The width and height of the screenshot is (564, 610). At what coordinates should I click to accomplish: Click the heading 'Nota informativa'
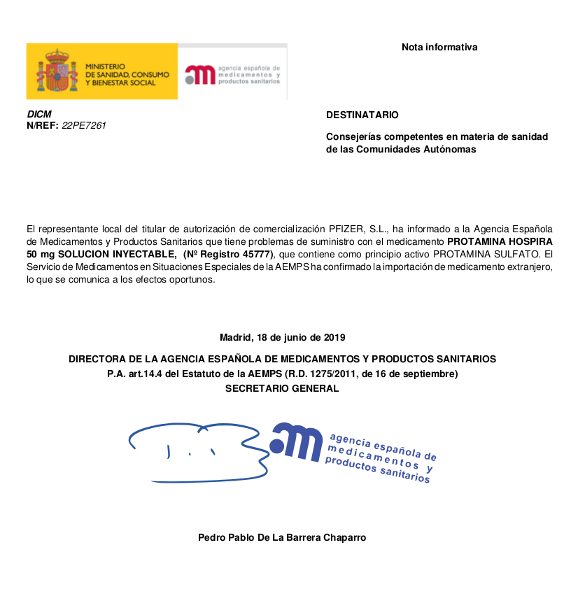point(439,48)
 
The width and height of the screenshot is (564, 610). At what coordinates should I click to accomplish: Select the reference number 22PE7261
point(84,125)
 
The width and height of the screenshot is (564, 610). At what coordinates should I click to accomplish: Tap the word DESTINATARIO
point(362,115)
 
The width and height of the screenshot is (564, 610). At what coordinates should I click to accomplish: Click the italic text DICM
point(38,114)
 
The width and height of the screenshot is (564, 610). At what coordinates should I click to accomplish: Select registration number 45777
point(256,253)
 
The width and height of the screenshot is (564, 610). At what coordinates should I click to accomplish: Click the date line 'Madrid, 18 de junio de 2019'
point(282,337)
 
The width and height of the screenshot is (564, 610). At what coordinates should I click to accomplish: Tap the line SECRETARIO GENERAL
point(282,388)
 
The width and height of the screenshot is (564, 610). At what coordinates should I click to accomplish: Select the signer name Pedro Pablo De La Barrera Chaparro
point(282,537)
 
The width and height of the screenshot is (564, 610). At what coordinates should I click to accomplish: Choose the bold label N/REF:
point(43,125)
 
